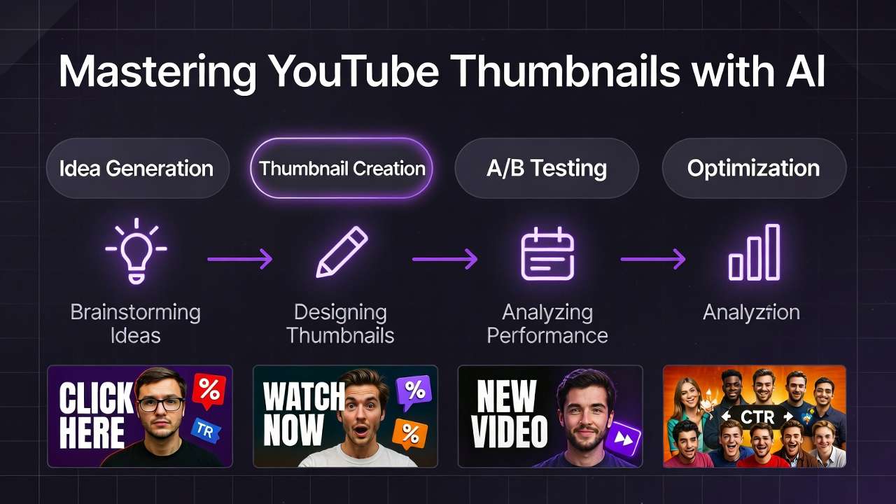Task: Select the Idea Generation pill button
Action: pos(136,168)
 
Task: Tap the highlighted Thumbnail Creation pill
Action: pos(342,168)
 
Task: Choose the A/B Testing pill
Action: pos(547,168)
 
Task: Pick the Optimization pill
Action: pos(753,168)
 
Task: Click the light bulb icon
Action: pos(136,252)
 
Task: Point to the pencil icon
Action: pos(342,252)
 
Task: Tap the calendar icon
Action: pos(547,253)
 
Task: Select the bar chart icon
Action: pos(754,253)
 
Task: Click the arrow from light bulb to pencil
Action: pos(239,259)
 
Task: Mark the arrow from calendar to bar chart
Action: pos(652,259)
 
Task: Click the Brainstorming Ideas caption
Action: pos(136,323)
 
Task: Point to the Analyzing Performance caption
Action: pos(547,323)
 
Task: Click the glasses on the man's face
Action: pos(161,404)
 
